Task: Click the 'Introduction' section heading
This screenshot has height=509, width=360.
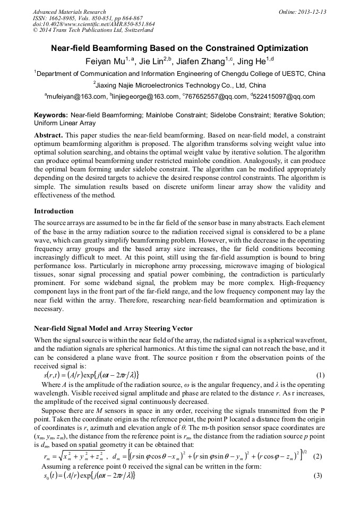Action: (x=54, y=211)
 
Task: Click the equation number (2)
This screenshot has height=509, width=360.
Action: (x=318, y=456)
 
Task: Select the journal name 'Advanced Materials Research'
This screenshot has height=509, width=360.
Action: (x=69, y=12)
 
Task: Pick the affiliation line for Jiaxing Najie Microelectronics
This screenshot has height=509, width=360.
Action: (x=179, y=85)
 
